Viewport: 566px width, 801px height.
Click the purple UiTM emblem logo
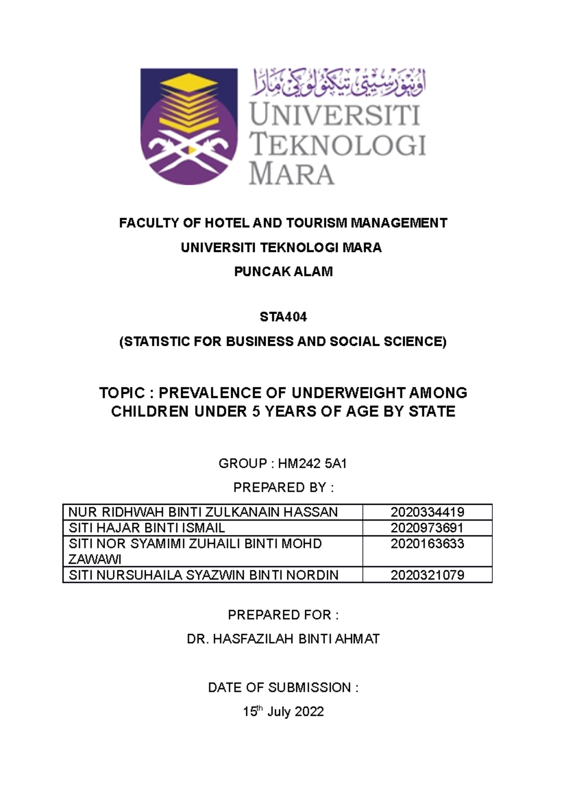point(189,126)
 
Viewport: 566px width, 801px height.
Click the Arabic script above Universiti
point(339,82)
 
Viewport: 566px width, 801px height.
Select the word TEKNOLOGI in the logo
point(338,144)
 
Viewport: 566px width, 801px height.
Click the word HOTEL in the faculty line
point(225,223)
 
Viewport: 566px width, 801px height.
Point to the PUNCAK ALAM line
point(283,272)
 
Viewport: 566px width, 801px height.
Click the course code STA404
point(283,317)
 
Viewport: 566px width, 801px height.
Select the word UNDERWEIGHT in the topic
point(348,393)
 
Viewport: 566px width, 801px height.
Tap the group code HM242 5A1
point(312,464)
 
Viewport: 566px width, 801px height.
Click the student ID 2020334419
point(427,512)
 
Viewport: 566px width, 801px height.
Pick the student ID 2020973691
point(427,528)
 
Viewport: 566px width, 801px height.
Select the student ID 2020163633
point(427,544)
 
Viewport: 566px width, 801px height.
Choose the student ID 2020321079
point(427,575)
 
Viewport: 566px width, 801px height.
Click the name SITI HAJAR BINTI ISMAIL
point(147,528)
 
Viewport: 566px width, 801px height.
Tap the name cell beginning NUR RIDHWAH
point(203,512)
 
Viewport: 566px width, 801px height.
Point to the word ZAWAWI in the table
point(95,559)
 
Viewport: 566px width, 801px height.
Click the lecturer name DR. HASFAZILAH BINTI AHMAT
point(283,639)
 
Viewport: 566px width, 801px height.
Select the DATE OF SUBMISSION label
point(283,688)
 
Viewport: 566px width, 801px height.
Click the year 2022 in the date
point(309,712)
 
